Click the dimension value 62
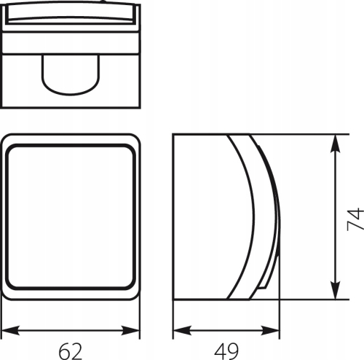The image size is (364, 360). click(x=71, y=351)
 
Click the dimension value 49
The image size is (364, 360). click(x=226, y=351)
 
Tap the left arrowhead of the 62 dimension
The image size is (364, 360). click(x=10, y=331)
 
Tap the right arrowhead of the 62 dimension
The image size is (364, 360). click(x=130, y=331)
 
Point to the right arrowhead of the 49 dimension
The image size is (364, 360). click(x=270, y=331)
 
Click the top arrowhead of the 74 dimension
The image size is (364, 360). click(x=336, y=144)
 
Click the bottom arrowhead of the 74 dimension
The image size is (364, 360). click(x=336, y=289)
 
